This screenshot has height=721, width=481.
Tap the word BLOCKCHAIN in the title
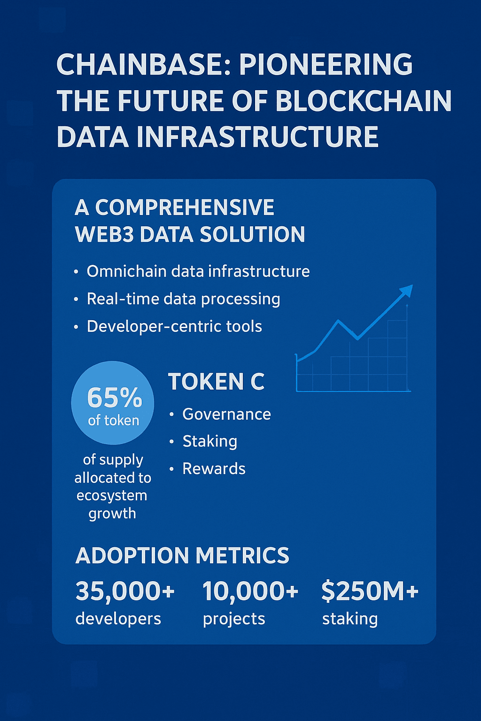(x=364, y=101)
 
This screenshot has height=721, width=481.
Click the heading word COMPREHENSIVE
(x=184, y=207)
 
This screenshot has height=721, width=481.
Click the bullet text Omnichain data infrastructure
(x=198, y=271)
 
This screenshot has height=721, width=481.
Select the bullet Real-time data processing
(x=183, y=299)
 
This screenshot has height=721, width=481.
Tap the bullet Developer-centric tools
(x=174, y=326)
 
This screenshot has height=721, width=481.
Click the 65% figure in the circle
(x=114, y=398)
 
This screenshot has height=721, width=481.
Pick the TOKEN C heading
(x=216, y=382)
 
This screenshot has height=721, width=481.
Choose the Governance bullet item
(x=226, y=414)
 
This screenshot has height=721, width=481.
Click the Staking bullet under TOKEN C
(x=209, y=441)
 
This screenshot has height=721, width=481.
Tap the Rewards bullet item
(x=214, y=468)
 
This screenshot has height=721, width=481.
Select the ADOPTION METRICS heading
(x=182, y=556)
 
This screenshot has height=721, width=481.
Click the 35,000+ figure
(x=125, y=591)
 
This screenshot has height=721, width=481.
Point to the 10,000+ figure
(x=250, y=591)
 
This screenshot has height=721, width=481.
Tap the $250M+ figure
(x=370, y=591)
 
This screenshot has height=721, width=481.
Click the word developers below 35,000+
(x=118, y=619)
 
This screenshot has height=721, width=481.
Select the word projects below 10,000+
(x=234, y=619)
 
